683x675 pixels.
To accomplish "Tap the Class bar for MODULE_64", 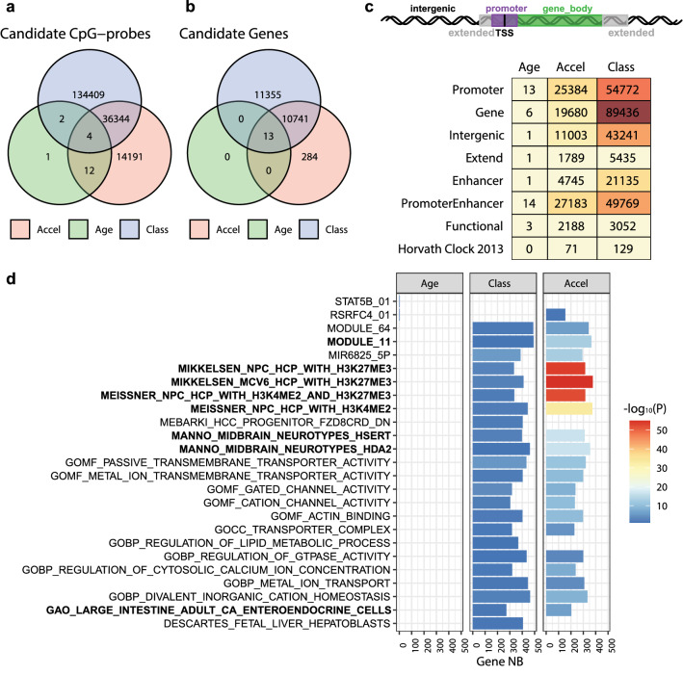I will [503, 327].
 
